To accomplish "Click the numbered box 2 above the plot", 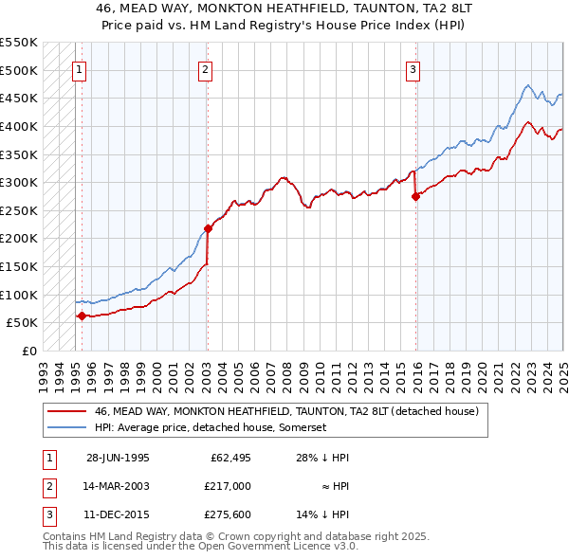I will pos(205,68).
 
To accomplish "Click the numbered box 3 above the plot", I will pos(413,68).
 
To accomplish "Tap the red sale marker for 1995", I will pos(82,316).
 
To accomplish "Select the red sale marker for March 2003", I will pos(208,228).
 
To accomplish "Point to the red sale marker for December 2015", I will pos(415,196).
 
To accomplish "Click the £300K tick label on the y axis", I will pos(19,182).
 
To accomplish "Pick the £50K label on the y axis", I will pos(23,322).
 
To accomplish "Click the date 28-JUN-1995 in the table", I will pos(118,458).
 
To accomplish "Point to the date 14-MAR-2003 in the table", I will pos(118,486).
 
